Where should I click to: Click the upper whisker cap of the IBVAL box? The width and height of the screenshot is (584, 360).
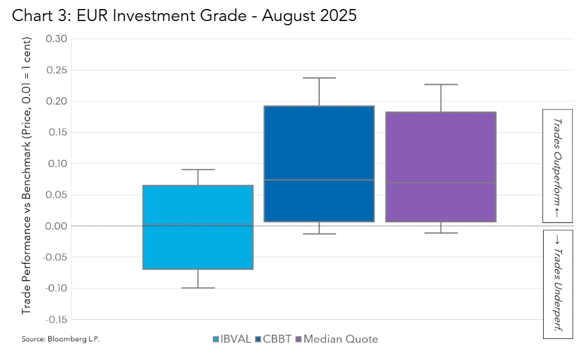tap(198, 169)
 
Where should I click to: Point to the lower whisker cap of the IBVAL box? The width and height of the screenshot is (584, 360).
tap(198, 288)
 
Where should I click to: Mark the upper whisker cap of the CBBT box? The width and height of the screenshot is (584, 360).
tap(319, 78)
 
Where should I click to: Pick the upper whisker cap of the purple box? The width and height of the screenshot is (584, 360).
tap(440, 85)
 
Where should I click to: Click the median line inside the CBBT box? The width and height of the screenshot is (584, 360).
tap(319, 180)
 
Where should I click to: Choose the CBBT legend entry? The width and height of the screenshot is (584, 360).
tap(272, 339)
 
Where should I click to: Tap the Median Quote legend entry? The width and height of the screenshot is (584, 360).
tap(336, 339)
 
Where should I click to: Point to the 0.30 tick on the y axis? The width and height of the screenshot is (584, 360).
tap(56, 39)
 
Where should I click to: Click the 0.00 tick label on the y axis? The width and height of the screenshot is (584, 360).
tap(56, 226)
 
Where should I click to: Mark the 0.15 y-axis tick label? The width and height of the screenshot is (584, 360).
tap(56, 132)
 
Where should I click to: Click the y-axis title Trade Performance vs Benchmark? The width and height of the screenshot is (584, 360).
tap(27, 175)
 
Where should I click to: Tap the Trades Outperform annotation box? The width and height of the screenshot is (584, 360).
tap(557, 166)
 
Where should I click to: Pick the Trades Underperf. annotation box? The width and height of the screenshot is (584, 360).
tap(557, 284)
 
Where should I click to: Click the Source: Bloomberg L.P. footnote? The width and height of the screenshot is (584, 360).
tap(60, 339)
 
